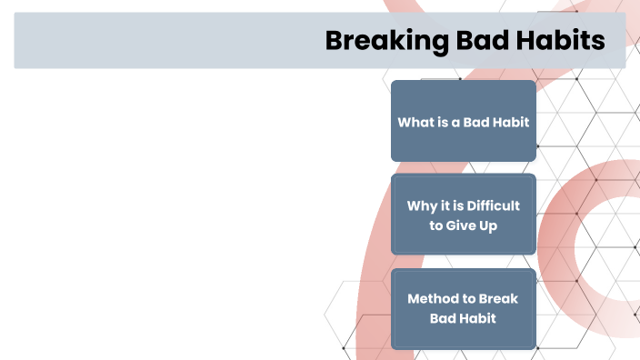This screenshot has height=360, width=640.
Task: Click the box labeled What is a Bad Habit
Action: [463, 121]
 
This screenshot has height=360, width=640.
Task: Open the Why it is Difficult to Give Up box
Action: [463, 215]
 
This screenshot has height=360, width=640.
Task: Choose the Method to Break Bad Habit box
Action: [463, 309]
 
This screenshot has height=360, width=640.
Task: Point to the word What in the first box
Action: [415, 122]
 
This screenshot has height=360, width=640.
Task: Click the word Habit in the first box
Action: [512, 122]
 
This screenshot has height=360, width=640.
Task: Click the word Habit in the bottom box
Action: [478, 319]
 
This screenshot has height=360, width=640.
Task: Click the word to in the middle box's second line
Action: [436, 225]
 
